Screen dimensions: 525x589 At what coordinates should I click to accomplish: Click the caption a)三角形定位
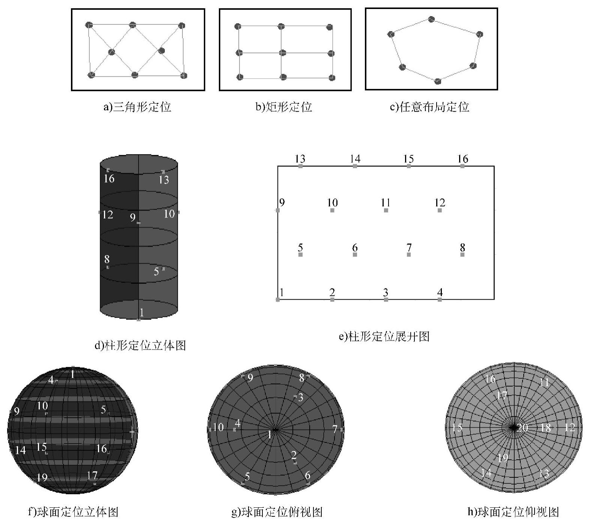pyautogui.click(x=137, y=107)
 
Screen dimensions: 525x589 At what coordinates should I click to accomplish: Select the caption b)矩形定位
pyautogui.click(x=284, y=107)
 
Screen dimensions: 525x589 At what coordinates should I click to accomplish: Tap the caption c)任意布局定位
pyautogui.click(x=429, y=107)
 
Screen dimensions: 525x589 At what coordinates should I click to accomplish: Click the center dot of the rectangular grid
pyautogui.click(x=283, y=52)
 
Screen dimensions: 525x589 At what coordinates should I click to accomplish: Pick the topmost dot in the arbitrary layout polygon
pyautogui.click(x=431, y=19)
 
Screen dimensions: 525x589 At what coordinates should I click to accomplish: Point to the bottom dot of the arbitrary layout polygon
pyautogui.click(x=438, y=81)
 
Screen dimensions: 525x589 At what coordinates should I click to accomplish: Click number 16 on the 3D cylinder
pyautogui.click(x=109, y=178)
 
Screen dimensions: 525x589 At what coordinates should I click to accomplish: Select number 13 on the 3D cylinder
pyautogui.click(x=164, y=180)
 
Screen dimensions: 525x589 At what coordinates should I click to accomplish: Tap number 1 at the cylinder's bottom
pyautogui.click(x=142, y=312)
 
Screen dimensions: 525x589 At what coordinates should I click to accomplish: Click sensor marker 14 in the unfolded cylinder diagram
pyautogui.click(x=355, y=165)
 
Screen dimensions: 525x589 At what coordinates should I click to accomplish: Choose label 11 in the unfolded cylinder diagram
pyautogui.click(x=386, y=203)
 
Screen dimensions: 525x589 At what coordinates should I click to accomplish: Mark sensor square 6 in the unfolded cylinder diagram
pyautogui.click(x=355, y=255)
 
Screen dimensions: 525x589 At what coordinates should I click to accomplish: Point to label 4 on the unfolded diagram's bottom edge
pyautogui.click(x=440, y=292)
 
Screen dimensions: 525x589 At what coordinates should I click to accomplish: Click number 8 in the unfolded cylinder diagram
pyautogui.click(x=462, y=247)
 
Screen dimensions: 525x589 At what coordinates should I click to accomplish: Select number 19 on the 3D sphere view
pyautogui.click(x=42, y=477)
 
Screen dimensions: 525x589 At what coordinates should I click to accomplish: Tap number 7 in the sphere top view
pyautogui.click(x=334, y=429)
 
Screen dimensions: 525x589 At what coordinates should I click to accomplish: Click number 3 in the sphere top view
pyautogui.click(x=300, y=397)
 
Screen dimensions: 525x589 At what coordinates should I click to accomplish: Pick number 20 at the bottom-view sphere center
pyautogui.click(x=522, y=428)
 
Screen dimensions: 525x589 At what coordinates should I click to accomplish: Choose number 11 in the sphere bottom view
pyautogui.click(x=544, y=383)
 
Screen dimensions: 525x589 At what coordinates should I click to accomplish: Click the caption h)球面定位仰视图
pyautogui.click(x=513, y=511)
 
